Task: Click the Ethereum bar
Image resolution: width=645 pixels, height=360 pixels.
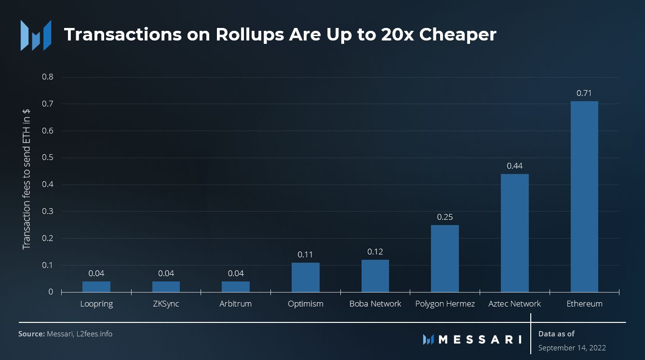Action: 584,197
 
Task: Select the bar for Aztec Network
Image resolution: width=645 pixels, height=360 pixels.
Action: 514,233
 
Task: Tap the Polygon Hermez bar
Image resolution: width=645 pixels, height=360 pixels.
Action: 445,258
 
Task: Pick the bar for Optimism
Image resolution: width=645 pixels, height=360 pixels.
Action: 305,277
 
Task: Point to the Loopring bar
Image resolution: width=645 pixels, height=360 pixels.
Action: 96,287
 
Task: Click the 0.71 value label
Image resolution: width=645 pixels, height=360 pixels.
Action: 584,93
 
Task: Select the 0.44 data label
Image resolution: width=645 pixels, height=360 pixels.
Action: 514,166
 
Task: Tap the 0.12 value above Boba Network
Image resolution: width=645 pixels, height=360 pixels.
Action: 375,252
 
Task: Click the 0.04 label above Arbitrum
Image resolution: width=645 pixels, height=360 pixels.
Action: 236,273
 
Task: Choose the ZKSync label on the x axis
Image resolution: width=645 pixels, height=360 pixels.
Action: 166,304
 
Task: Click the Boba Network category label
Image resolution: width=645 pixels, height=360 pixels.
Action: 375,304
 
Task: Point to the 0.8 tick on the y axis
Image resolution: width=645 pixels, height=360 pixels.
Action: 48,77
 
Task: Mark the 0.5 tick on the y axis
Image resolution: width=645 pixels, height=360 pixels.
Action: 48,158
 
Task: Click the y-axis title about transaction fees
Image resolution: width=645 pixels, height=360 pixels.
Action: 27,179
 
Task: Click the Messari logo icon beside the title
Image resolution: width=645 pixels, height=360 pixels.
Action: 35,35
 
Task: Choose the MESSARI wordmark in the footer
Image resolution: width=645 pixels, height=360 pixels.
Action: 479,339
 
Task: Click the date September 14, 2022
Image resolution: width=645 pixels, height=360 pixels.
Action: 572,347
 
